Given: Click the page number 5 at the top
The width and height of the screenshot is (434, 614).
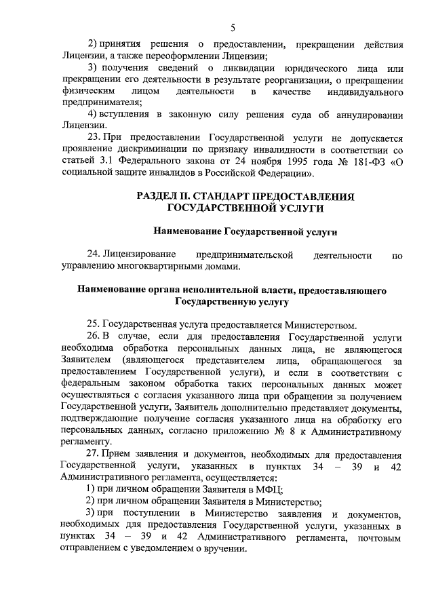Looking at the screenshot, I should tap(233, 28).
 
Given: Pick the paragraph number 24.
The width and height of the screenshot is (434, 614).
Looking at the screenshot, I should tap(94, 255).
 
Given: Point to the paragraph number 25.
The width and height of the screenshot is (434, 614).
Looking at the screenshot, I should tap(94, 324).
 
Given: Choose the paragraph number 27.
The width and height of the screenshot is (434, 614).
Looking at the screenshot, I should tap(94, 455).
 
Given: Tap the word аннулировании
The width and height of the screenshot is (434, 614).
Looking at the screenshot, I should tap(366, 113).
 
